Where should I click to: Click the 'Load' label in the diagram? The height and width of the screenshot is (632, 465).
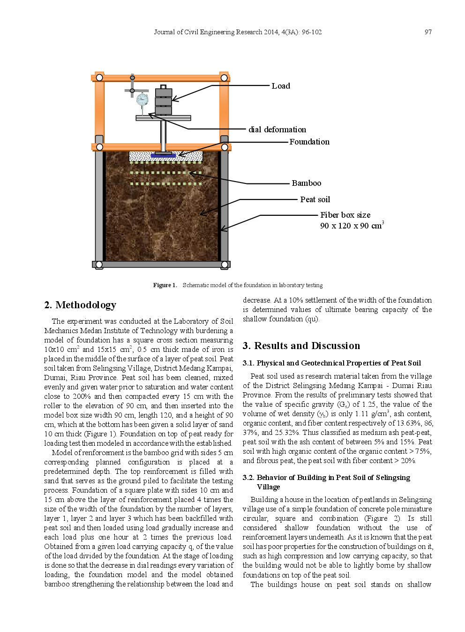280,86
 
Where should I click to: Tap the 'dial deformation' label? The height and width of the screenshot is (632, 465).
277,129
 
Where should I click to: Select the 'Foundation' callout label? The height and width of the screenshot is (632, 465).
309,142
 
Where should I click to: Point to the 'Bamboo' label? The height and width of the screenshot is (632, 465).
306,183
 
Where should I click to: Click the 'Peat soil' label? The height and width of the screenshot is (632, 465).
315,199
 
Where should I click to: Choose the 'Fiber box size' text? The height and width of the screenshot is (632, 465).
345,215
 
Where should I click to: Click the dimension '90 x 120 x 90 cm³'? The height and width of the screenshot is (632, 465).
352,226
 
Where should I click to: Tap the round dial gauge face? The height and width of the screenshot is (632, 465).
142,99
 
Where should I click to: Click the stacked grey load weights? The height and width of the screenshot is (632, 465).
163,101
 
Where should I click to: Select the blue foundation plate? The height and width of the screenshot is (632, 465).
163,155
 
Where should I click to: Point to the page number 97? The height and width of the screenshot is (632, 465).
427,32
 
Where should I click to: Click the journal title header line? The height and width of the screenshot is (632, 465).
238,32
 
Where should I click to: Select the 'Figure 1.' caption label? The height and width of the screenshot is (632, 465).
165,285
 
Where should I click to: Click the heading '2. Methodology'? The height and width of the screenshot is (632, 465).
80,305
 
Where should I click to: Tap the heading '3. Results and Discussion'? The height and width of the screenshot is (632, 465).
301,346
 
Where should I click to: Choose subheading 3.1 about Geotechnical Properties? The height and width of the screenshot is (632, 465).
331,363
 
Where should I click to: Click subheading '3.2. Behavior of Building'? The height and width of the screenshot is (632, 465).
326,478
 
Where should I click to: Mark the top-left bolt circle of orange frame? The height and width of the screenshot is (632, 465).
99,77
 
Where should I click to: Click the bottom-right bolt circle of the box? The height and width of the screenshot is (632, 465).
225,265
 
